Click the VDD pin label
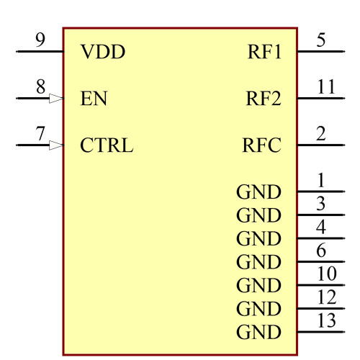point(102,53)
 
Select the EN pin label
point(94,99)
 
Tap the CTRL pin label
point(107,145)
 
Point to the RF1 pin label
point(264,53)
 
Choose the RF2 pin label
point(263,99)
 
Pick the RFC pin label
point(261,145)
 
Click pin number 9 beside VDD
point(40,40)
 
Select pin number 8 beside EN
point(40,86)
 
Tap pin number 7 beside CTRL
point(40,133)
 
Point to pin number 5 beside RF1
point(321,40)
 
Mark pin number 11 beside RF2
point(326,86)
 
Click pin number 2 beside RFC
point(321,133)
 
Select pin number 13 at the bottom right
point(326,320)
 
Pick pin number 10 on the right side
point(326,274)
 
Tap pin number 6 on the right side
point(321,251)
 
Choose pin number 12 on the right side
point(326,297)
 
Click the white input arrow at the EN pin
point(55,99)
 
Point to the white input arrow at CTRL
point(55,145)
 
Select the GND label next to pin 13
point(258,333)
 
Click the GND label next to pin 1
point(258,192)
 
